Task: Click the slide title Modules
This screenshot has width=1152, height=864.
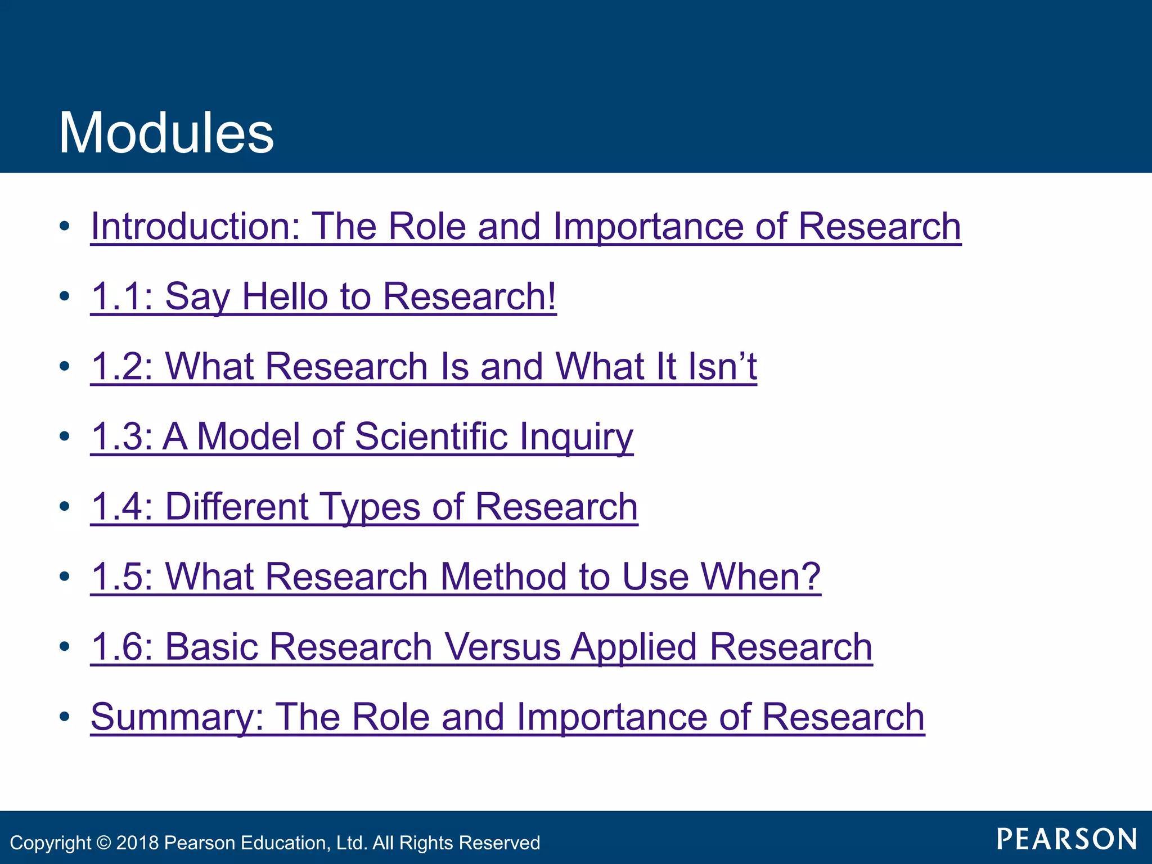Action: click(166, 133)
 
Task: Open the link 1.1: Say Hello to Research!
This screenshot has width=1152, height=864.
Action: click(323, 296)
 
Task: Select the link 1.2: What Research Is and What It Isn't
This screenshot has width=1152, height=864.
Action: click(424, 366)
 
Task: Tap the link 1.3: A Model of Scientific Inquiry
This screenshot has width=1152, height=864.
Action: click(362, 436)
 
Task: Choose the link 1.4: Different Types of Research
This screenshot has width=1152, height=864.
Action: click(364, 506)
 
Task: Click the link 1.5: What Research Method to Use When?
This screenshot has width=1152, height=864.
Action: click(456, 577)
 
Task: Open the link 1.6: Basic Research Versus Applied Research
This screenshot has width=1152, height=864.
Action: click(481, 646)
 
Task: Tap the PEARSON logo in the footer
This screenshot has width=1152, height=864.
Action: click(1066, 839)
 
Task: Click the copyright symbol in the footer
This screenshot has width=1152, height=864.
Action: click(103, 843)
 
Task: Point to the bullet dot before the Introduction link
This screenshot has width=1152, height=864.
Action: click(65, 226)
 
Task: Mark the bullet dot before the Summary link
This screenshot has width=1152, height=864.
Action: click(65, 717)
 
